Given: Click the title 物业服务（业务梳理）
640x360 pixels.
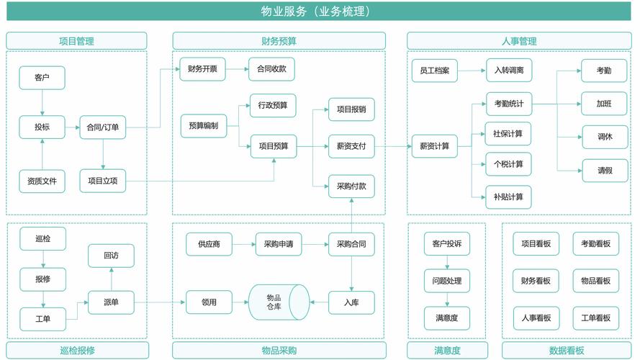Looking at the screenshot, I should [320, 11].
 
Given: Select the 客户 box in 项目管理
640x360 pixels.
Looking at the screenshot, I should [42, 78].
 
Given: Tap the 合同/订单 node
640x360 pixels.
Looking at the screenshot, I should [103, 127].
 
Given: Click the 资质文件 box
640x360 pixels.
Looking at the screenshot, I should [42, 181].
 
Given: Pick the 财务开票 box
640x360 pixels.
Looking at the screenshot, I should [202, 70].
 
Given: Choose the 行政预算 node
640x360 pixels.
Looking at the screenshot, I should [273, 106].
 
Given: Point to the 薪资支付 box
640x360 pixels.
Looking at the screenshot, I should [351, 146].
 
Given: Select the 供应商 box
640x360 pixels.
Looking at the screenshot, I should [209, 244].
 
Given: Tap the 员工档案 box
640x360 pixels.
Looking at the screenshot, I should [434, 71].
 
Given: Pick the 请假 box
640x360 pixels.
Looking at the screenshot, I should [604, 171].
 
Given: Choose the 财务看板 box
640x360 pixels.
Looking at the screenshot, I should [536, 280].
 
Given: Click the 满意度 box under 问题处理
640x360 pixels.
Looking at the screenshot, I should [446, 318].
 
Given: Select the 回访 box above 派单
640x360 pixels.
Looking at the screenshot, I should [111, 256].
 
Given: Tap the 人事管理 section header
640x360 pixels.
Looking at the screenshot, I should [518, 41].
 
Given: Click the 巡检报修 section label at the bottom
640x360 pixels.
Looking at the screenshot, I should [77, 351].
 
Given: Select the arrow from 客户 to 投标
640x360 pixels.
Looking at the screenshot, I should [42, 102].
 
